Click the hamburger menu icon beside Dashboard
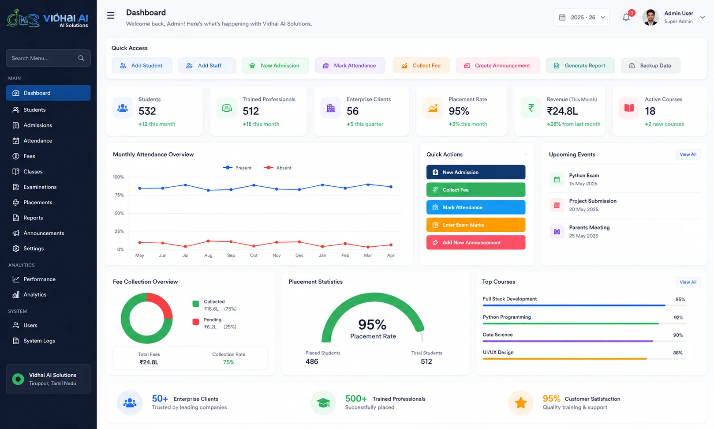111,15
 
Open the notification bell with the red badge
626,17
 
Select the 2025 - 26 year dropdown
581,17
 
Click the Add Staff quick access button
207,65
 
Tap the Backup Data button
651,65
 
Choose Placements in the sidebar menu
37,202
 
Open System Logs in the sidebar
39,341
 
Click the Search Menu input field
48,58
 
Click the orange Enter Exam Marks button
475,225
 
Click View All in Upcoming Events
688,154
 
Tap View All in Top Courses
688,282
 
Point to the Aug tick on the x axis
208,255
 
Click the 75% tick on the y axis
119,195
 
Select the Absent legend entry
278,168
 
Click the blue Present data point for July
186,185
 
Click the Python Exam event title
584,175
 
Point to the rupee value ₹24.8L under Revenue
562,111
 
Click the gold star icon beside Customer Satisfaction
520,403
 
